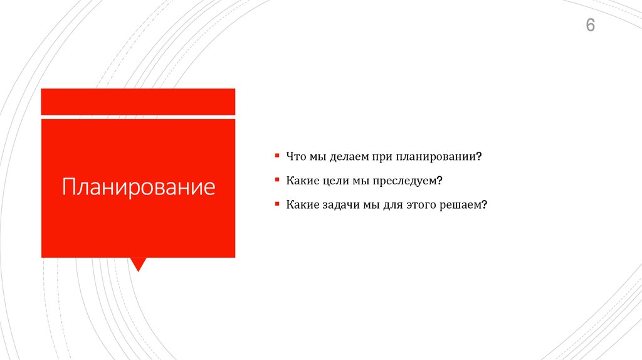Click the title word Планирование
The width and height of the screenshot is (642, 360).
pos(138,187)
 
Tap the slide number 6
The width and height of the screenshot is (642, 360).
pos(590,26)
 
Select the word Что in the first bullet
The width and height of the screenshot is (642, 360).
pos(295,156)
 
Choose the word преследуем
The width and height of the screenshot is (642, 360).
pos(408,181)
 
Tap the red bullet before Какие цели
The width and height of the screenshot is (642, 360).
pos(276,179)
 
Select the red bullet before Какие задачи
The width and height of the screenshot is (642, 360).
pos(276,203)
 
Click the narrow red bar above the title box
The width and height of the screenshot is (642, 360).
pos(138,101)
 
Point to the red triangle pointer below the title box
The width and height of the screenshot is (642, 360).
pos(138,264)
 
